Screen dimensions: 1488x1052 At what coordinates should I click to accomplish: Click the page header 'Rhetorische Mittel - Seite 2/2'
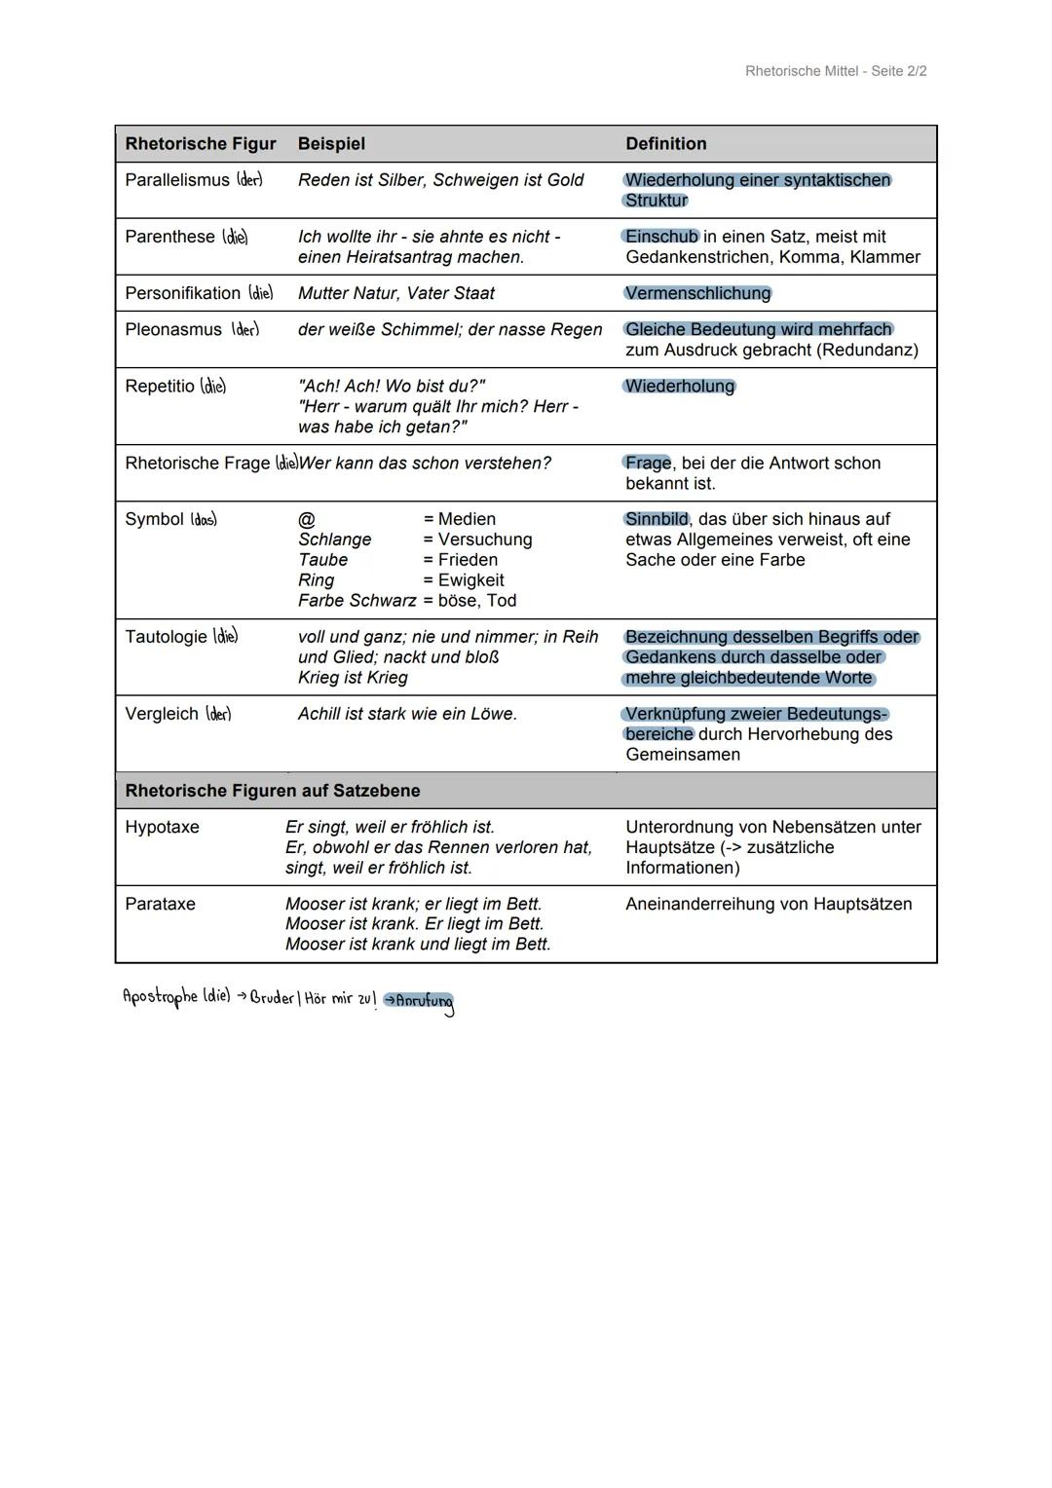[x=835, y=71]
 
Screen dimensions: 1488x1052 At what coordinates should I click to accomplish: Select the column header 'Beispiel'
[x=331, y=144]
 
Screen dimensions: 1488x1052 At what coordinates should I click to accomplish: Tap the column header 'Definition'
[x=665, y=144]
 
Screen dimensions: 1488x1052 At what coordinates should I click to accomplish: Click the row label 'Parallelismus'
[x=177, y=180]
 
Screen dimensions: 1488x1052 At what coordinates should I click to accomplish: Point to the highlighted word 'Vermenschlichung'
[x=697, y=293]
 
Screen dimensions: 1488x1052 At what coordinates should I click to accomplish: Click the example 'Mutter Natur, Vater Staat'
[x=395, y=293]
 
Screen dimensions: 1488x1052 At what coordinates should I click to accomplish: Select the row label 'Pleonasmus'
[x=173, y=330]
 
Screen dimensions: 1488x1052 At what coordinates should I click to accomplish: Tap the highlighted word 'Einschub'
[x=660, y=237]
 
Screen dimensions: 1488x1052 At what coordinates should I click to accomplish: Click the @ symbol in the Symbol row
[x=306, y=520]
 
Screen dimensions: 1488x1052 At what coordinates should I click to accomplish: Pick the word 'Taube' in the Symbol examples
[x=322, y=560]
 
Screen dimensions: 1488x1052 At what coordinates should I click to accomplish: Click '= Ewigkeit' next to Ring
[x=463, y=580]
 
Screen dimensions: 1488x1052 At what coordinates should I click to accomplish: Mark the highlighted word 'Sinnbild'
[x=657, y=520]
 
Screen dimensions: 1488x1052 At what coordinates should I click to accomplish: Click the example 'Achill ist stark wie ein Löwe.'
[x=407, y=714]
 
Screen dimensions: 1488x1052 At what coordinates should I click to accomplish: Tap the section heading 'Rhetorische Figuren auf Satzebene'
[x=273, y=791]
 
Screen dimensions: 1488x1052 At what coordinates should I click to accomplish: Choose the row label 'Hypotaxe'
[x=162, y=827]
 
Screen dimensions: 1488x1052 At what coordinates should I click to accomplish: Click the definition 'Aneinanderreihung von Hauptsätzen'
[x=769, y=904]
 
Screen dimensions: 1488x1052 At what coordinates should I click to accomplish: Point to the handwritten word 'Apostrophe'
[x=160, y=997]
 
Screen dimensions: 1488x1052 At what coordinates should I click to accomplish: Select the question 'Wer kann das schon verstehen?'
[x=425, y=464]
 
